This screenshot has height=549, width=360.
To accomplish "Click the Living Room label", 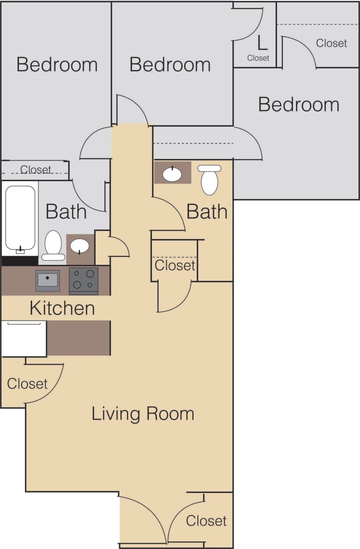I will (143, 414).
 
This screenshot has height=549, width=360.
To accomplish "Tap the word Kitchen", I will (62, 308).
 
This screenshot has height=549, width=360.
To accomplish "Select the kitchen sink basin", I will (47, 280).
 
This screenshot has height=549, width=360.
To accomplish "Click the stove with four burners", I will (83, 280).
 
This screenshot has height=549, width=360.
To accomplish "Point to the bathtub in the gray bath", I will (20, 219).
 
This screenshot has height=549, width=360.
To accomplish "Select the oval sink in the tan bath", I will (172, 174).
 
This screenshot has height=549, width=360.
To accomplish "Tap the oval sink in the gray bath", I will (80, 246).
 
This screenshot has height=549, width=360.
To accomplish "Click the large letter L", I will (262, 43).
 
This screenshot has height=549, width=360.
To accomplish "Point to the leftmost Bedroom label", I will (57, 65).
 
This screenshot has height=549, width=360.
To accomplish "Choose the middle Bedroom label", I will (170, 65).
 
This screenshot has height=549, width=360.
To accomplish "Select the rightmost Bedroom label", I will (299, 105).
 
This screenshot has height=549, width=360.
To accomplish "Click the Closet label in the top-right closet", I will (331, 43).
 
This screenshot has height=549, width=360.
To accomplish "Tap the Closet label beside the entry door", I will (206, 521).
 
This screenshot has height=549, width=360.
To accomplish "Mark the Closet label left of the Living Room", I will (27, 383).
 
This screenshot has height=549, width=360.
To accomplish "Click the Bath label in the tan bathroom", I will (207, 212).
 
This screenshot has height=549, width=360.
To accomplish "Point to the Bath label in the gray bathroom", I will (66, 212).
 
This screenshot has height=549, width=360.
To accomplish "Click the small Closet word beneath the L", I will (258, 58).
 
